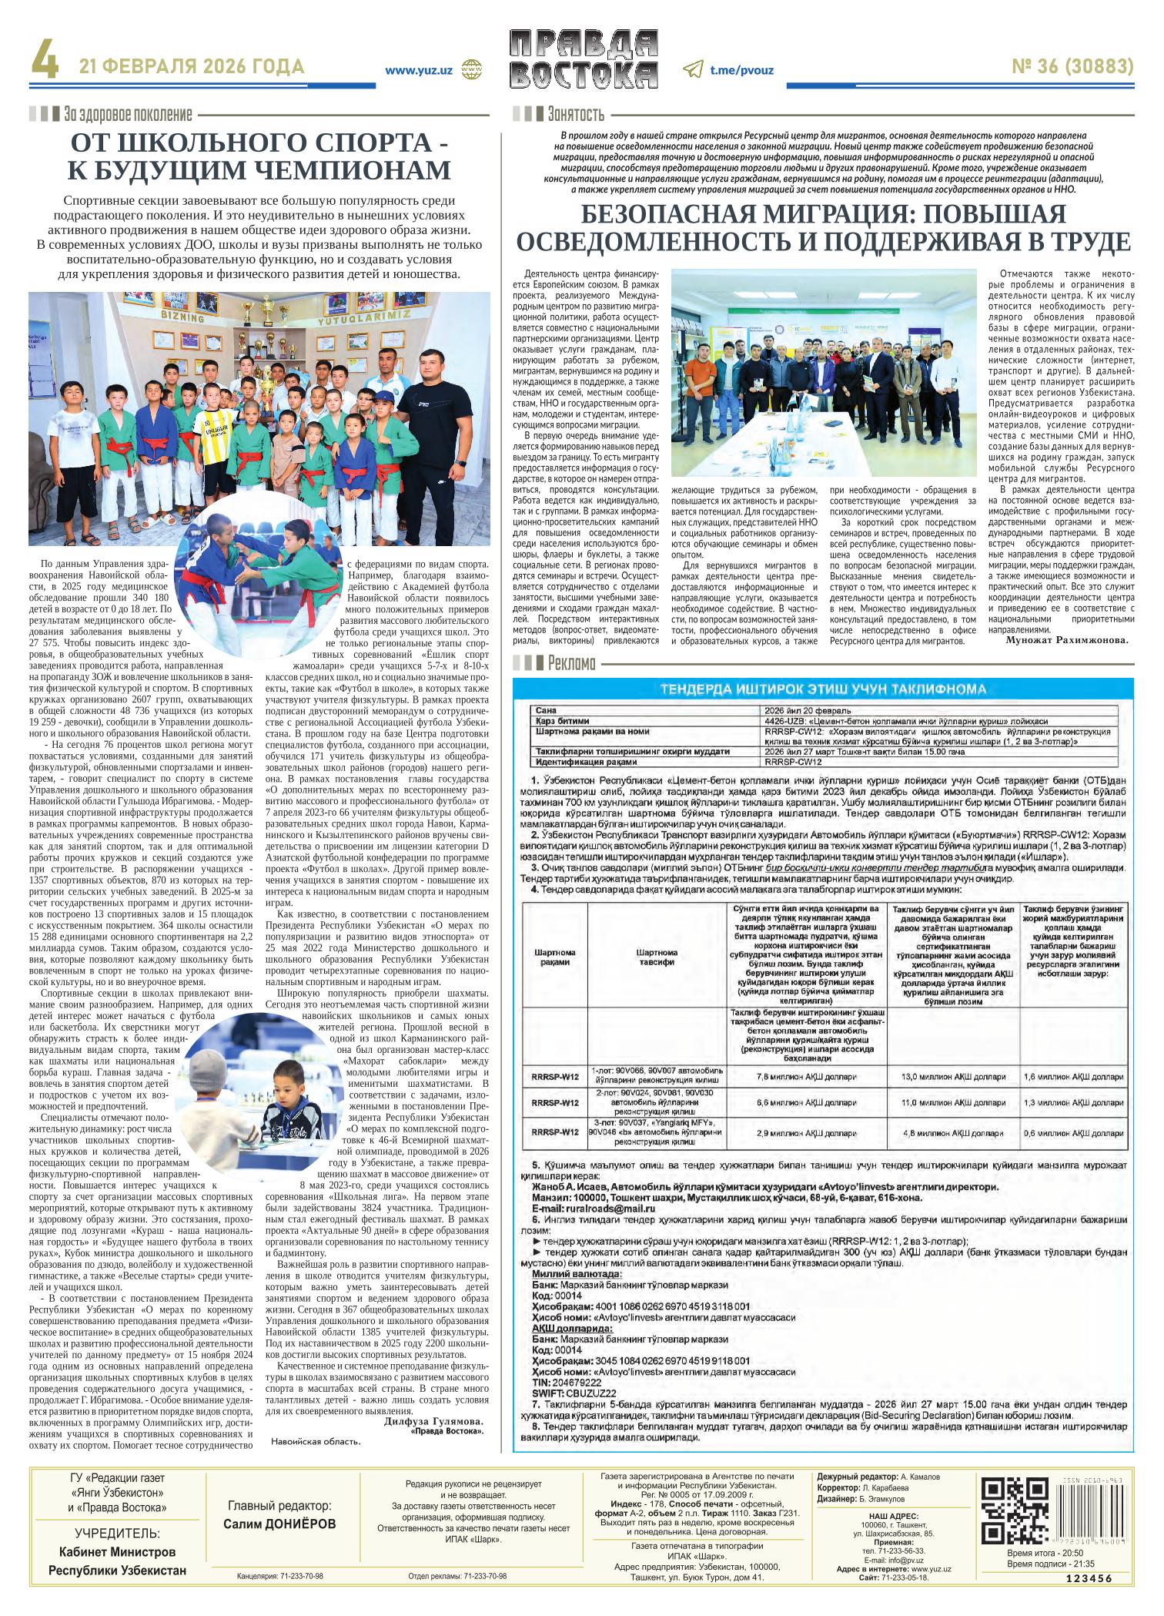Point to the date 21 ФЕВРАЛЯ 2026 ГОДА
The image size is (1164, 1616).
coord(192,68)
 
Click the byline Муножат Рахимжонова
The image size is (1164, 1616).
coord(1065,639)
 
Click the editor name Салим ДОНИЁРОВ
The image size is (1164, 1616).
coord(279,1524)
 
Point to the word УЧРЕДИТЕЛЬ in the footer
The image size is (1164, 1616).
coord(117,1533)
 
